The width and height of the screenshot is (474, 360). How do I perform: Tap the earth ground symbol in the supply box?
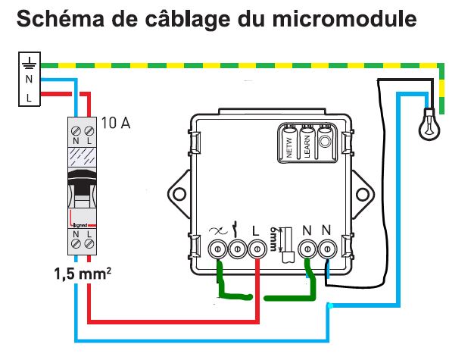tap(29, 63)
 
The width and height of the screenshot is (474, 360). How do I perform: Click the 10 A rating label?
tap(115, 123)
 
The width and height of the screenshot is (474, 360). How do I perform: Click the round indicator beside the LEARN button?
tap(325, 139)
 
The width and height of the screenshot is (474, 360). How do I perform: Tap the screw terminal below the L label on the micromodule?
tap(256, 248)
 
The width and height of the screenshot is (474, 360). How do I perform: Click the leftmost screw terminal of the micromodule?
tap(218, 248)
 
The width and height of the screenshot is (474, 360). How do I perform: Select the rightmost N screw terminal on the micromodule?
tap(327, 247)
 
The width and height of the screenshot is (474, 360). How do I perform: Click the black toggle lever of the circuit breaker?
tap(82, 181)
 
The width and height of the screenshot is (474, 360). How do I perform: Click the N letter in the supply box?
tap(29, 80)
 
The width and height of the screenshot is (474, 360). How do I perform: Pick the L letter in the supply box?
tap(29, 97)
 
